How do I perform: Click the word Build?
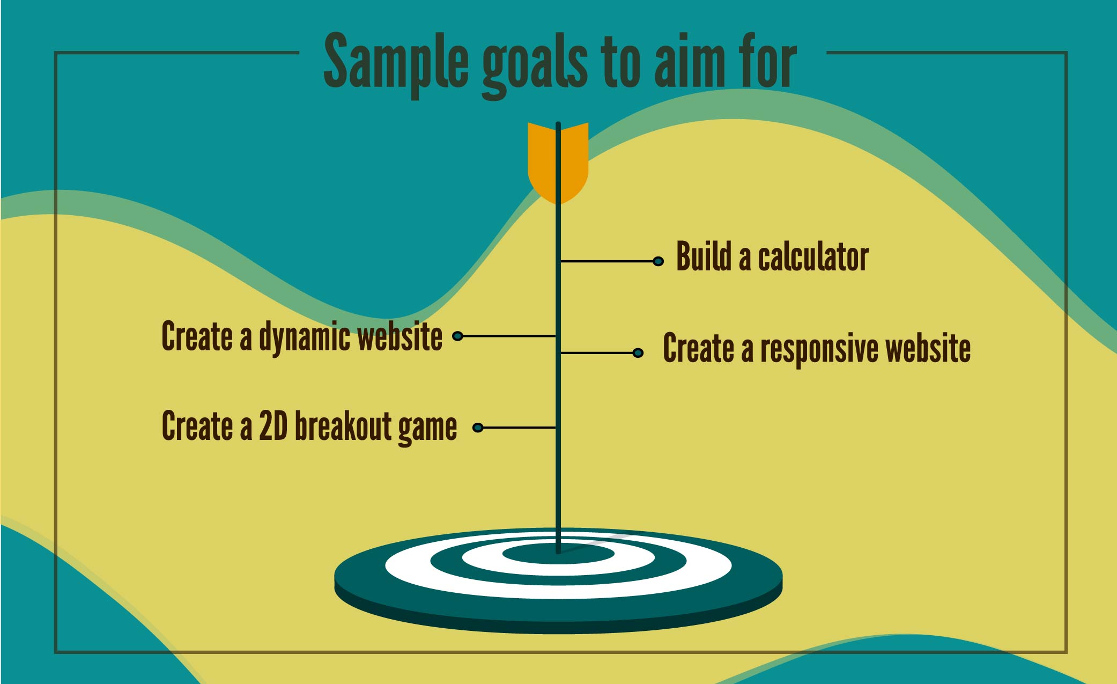704,256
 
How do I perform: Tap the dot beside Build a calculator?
659,261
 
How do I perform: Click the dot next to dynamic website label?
457,336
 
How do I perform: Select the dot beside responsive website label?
638,352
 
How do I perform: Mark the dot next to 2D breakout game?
478,428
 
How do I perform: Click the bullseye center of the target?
558,553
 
